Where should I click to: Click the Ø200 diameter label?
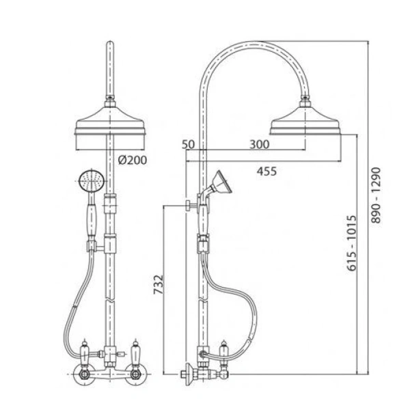[133, 160]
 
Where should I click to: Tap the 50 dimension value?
[189, 145]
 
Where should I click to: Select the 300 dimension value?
[260, 145]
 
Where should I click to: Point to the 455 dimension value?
[266, 172]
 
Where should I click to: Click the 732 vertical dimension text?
[159, 284]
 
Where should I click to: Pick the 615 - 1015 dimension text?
[352, 243]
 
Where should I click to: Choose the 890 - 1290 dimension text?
[376, 195]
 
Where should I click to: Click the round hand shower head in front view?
[92, 180]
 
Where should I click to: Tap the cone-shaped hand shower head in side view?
[221, 182]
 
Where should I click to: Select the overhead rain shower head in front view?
[110, 120]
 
